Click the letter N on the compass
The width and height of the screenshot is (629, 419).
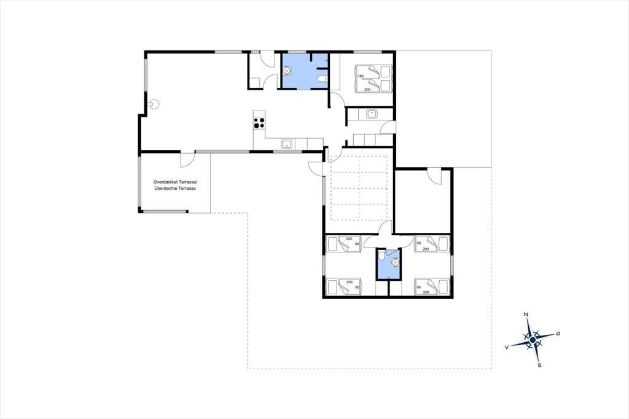(x=526, y=315)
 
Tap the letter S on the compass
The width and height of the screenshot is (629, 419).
(x=539, y=365)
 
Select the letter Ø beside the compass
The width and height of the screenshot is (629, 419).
(x=558, y=334)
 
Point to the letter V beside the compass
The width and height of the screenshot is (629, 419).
(x=507, y=347)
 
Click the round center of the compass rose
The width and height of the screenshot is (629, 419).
(x=533, y=340)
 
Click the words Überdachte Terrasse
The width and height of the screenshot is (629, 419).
(x=175, y=188)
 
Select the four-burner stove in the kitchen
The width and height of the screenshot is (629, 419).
(x=259, y=122)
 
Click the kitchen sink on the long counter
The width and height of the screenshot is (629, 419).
(x=286, y=144)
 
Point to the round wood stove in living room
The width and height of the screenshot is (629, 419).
(x=154, y=104)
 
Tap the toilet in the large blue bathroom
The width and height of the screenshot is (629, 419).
(x=322, y=79)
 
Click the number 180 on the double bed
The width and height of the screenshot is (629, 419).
(x=360, y=76)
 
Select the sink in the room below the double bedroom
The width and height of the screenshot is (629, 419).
(x=372, y=114)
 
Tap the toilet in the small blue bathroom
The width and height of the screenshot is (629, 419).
(x=381, y=256)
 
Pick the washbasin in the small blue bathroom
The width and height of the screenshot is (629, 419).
(x=395, y=262)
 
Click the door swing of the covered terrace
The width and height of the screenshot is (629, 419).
(x=186, y=162)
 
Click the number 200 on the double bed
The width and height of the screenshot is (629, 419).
(x=367, y=90)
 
